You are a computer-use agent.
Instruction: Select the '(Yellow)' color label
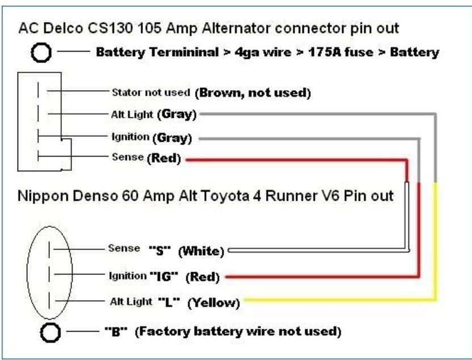pos(213,303)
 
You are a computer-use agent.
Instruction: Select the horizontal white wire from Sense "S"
pos(318,250)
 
